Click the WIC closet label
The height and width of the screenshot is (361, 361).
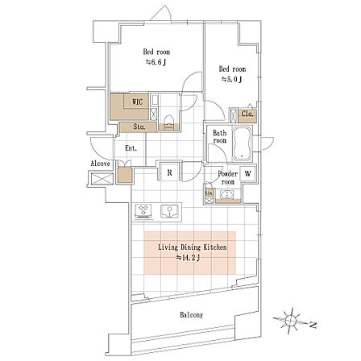138,102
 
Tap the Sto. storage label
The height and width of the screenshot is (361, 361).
139,127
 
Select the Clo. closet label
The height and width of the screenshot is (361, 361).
247,114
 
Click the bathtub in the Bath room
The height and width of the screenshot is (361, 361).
242,144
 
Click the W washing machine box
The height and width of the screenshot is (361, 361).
247,173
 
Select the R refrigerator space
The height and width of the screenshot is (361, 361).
170,172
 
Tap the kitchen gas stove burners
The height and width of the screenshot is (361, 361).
143,210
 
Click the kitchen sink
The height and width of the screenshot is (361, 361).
169,211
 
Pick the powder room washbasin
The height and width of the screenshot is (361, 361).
228,194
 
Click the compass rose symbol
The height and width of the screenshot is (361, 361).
290,321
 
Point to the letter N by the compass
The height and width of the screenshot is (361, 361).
313,326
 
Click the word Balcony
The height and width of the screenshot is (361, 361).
192,315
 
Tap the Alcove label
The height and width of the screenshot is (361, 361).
100,164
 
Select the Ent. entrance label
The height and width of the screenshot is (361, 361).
131,148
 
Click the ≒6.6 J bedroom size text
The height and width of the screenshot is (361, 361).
156,63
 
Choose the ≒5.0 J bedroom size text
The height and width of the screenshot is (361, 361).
231,79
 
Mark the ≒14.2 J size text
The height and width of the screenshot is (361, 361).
188,258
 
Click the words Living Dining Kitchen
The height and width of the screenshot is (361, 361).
193,247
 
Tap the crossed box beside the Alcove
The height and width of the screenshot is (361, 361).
102,179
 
